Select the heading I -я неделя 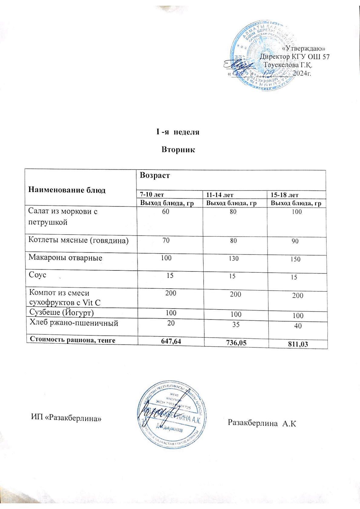(178, 132)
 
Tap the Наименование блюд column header (67, 190)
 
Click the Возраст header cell (154, 175)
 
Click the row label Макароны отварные (65, 258)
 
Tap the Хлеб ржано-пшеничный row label (73, 323)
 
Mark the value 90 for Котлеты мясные (296, 241)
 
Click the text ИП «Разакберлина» (66, 418)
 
